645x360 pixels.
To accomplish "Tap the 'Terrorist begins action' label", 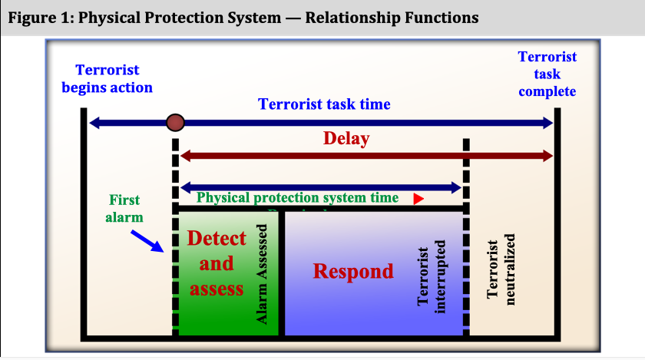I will tap(107, 79).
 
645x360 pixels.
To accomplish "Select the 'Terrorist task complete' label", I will tap(547, 74).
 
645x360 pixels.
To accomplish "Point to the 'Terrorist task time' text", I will tap(324, 104).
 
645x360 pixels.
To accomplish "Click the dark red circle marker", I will tap(176, 122).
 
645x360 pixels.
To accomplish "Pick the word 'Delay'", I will tap(346, 139).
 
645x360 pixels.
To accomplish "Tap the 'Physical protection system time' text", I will tap(298, 197).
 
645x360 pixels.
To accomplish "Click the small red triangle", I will tap(418, 198).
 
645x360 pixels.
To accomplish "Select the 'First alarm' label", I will tap(124, 208).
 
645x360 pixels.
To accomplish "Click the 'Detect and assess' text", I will tap(217, 263).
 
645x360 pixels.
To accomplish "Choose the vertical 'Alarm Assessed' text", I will tap(262, 274).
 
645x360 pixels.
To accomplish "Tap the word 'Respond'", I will tap(354, 271).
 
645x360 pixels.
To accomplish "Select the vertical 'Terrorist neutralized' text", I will tap(501, 265).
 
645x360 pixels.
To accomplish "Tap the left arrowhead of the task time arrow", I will tap(94, 122).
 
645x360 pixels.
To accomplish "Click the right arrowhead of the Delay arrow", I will tap(546, 156).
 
